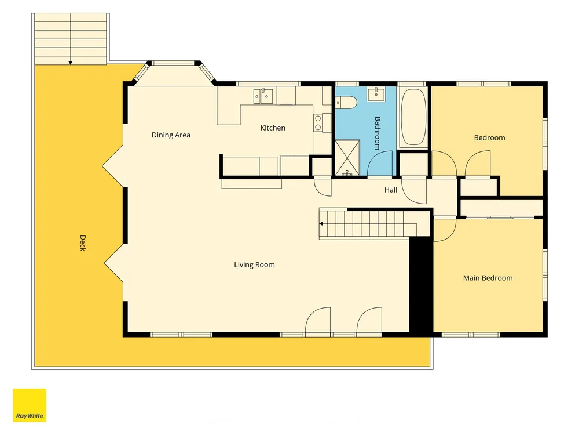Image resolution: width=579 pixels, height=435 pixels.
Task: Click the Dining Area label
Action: (x=171, y=135)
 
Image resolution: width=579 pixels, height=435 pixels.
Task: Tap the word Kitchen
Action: (x=273, y=128)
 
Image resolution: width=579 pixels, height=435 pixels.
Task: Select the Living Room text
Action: (x=254, y=265)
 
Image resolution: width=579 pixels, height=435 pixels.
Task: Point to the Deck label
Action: (x=83, y=243)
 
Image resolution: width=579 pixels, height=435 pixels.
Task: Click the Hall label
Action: (x=391, y=190)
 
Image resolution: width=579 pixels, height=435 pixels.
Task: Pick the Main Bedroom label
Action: (x=488, y=278)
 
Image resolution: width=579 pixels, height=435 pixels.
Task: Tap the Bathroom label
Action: (x=377, y=133)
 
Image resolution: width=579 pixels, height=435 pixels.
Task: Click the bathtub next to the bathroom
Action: (x=413, y=117)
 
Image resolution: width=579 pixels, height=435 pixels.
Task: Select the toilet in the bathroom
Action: (x=345, y=103)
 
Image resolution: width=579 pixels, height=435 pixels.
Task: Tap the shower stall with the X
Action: (x=347, y=157)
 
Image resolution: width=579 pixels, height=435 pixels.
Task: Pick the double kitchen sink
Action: (x=263, y=96)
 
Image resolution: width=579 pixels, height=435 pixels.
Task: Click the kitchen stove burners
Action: (x=318, y=123)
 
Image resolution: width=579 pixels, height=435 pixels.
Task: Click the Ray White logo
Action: (x=30, y=405)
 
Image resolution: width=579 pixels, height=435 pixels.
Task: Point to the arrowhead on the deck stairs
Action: (x=71, y=63)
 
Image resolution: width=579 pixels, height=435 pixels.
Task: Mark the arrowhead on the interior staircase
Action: (x=321, y=224)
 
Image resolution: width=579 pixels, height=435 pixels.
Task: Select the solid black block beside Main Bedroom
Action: (x=421, y=287)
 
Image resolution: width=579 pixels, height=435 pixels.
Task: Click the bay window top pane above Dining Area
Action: (x=173, y=63)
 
